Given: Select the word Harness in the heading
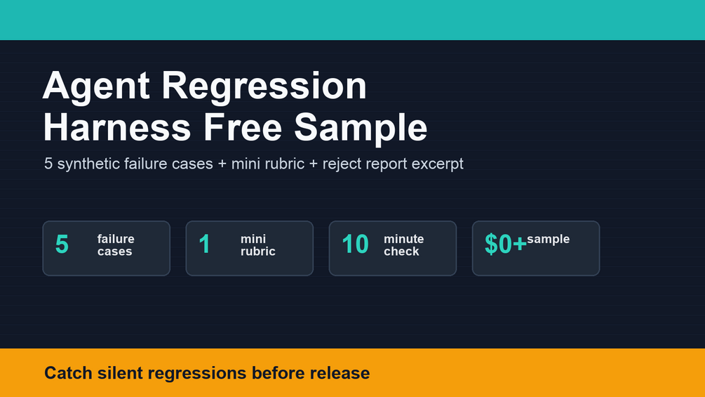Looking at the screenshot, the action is pos(117,127).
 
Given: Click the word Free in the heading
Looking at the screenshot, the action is pos(243,127).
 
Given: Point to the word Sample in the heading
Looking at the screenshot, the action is pos(361,129).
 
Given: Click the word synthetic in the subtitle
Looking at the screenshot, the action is pos(90,164).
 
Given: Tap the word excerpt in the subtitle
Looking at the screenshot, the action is pos(437,164).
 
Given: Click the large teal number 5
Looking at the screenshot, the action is pos(62,245).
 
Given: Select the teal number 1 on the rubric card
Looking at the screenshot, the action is pos(205,245).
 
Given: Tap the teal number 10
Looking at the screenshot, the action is pos(355,245).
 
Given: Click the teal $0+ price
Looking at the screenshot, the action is pos(505,245).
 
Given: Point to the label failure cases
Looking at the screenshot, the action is pos(116,245).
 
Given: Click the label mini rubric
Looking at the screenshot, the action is pos(257,245).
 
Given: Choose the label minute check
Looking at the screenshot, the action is pos(404,245).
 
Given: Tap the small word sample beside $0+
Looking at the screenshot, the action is pos(548,239).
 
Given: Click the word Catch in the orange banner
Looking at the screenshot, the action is pos(68,373).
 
